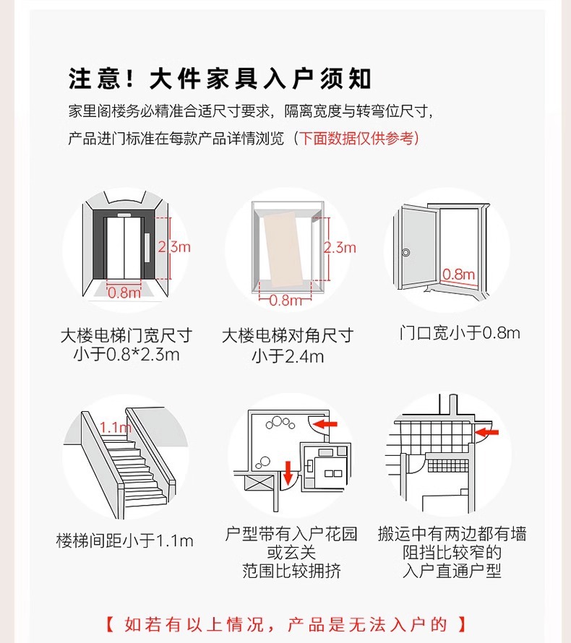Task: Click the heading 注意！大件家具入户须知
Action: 220,78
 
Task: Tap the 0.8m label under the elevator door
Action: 124,293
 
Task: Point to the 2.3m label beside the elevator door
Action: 174,246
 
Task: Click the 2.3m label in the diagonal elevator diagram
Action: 340,247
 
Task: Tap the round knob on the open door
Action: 406,253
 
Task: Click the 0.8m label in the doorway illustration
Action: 458,275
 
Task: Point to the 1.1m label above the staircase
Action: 116,427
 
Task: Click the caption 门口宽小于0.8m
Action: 460,333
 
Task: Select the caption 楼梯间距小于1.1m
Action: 124,540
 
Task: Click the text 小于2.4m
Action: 288,355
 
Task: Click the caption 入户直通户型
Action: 452,571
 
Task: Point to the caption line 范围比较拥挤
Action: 291,571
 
